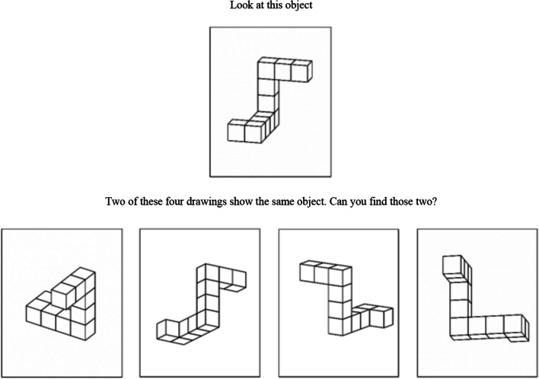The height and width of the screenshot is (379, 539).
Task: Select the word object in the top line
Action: pos(296,6)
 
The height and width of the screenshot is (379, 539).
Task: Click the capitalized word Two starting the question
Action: pos(113,201)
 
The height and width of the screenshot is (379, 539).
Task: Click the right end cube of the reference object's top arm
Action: pos(301,71)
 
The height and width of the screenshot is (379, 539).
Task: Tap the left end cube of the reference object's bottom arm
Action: pos(237,130)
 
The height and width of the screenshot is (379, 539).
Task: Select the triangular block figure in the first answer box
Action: pos(60,304)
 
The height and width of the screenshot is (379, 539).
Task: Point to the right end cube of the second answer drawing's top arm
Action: pos(239,279)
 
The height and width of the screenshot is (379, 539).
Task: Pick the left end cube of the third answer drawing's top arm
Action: pos(307,271)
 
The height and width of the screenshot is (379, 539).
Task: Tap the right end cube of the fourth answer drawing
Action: pos(516,326)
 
